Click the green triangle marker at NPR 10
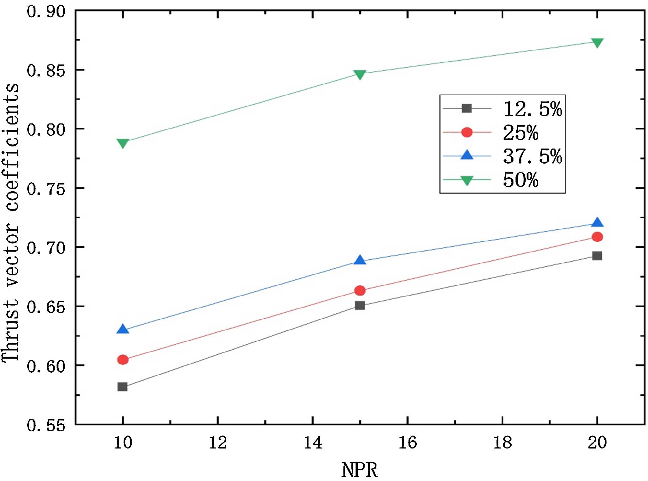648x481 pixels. (123, 142)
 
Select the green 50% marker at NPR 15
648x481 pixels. (360, 74)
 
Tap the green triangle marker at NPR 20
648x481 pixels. (597, 42)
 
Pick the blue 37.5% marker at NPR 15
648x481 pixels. (360, 260)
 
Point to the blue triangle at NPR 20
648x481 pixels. (597, 223)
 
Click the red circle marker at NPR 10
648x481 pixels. (123, 360)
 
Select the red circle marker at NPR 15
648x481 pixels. (360, 291)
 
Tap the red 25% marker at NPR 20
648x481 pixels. (597, 237)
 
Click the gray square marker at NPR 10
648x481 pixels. (122, 387)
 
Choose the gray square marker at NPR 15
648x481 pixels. (360, 306)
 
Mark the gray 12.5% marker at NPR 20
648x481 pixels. (597, 256)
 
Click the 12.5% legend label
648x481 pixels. (533, 109)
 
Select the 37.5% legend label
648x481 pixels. (533, 156)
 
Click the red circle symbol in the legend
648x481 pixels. (467, 132)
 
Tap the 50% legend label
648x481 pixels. (521, 180)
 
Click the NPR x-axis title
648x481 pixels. (360, 470)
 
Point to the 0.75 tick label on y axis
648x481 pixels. (46, 189)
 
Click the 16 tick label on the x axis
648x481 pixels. (408, 442)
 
